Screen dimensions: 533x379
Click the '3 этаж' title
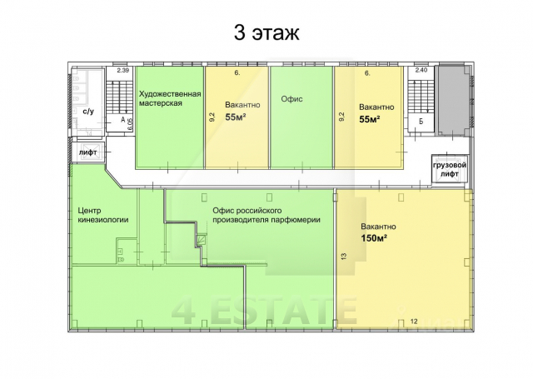pos(266,33)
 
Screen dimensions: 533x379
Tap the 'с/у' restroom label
pos(88,111)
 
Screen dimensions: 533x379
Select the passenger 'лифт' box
pos(88,152)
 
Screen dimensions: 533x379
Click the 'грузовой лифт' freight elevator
pos(450,169)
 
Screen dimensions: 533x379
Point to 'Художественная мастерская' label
pos(170,98)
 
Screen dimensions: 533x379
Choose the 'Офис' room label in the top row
pos(291,99)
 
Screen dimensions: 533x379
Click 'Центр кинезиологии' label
pos(103,215)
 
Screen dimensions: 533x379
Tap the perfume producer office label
pos(266,215)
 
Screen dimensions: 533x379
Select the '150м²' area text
pos(374,238)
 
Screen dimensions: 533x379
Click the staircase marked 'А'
pos(118,98)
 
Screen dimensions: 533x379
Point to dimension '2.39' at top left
pos(122,71)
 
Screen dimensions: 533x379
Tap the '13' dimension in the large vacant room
pos(343,256)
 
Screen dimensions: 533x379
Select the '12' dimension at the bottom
pos(414,321)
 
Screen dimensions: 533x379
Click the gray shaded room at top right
pos(453,101)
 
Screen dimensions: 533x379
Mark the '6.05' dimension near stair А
pos(130,124)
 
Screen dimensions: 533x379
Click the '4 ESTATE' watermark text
pos(264,311)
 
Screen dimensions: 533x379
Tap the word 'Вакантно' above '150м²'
pos(378,227)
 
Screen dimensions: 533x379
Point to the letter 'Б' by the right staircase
pos(421,122)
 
